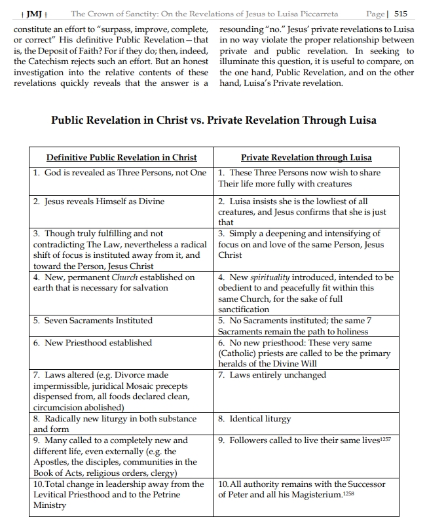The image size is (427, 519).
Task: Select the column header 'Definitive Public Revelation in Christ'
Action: click(121, 158)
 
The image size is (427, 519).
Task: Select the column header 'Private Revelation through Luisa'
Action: click(306, 158)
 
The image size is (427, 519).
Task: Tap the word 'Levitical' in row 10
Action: click(54, 495)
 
